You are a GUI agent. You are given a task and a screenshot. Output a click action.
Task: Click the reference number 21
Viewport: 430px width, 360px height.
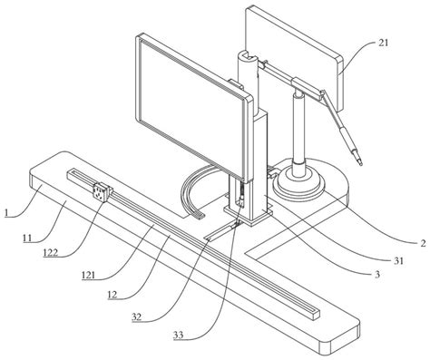(383, 43)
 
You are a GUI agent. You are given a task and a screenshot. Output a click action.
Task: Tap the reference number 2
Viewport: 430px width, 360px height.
(423, 243)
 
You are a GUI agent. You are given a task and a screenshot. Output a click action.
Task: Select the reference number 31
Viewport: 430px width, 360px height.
(398, 260)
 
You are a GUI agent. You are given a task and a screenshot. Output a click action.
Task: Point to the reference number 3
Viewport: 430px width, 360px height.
(377, 275)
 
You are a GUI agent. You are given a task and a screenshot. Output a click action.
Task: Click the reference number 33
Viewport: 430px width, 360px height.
(178, 335)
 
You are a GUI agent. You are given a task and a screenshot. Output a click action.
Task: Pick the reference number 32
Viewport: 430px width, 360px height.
(136, 316)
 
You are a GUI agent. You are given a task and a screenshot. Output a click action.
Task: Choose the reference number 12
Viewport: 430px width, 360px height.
(112, 295)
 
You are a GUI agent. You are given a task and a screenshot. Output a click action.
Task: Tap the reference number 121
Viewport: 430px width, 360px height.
(88, 276)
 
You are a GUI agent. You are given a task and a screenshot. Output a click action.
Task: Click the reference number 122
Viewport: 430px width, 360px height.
(50, 252)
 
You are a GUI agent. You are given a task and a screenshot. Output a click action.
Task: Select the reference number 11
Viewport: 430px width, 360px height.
(27, 238)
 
